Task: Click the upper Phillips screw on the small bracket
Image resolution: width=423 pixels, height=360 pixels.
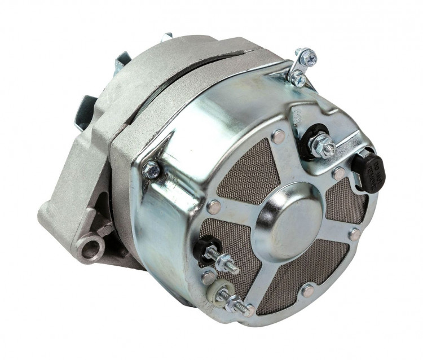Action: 309,58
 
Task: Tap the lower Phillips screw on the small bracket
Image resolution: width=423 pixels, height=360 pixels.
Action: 298,80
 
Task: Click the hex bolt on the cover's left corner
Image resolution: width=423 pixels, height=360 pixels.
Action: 151,169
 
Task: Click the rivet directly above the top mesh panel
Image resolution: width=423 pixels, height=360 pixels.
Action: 278,136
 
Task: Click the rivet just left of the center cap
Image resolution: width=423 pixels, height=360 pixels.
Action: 214,207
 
